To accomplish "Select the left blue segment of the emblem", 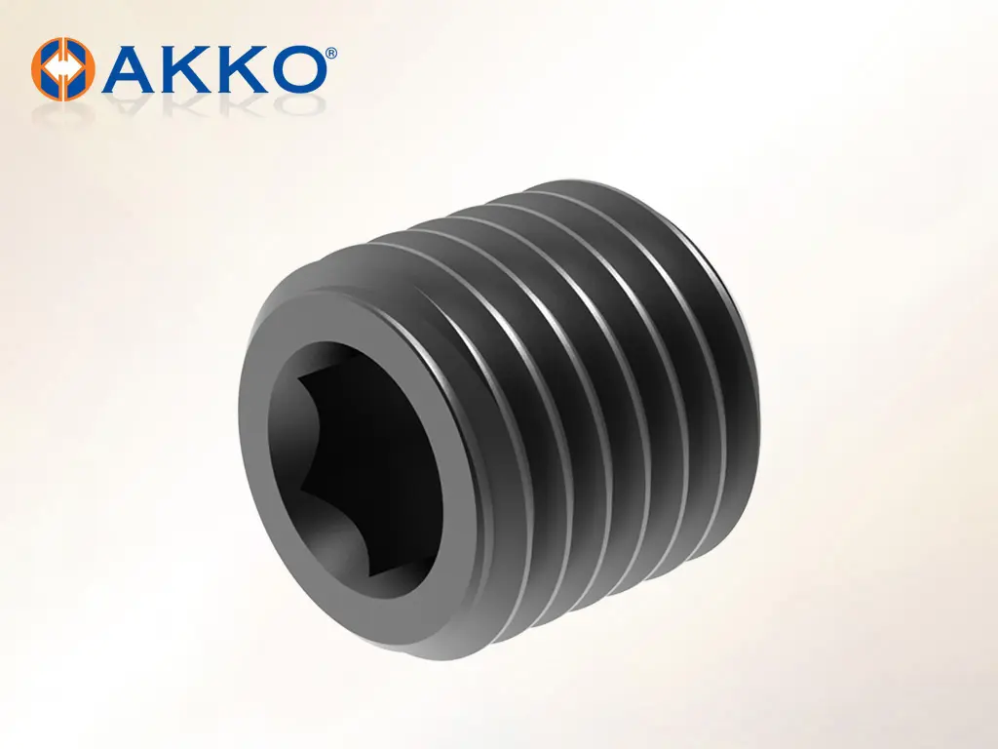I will click(x=50, y=67).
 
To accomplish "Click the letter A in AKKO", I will click(x=132, y=68).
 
